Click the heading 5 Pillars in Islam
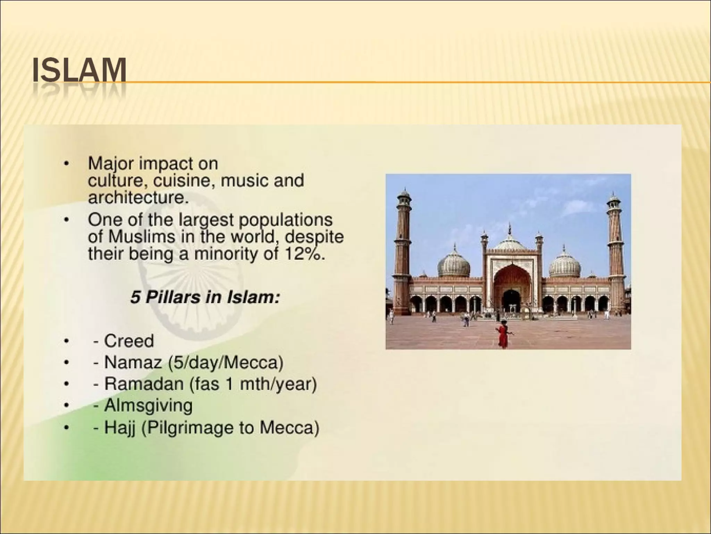(x=205, y=298)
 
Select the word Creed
(x=129, y=341)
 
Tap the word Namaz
(x=133, y=363)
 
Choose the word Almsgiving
(x=148, y=406)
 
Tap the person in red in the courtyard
(x=502, y=334)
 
